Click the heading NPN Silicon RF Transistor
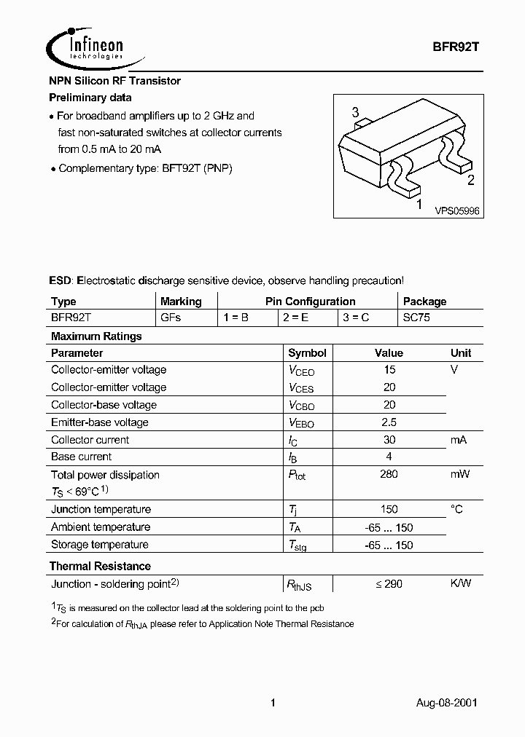point(114,81)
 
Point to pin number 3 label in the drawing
point(355,112)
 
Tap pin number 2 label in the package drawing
point(470,181)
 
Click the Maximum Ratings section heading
point(96,336)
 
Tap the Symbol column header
point(307,352)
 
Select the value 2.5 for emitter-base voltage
point(389,422)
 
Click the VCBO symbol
point(301,406)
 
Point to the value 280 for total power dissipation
point(389,475)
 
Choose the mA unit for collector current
point(458,440)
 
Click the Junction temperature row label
point(101,510)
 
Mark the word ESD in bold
point(61,280)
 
